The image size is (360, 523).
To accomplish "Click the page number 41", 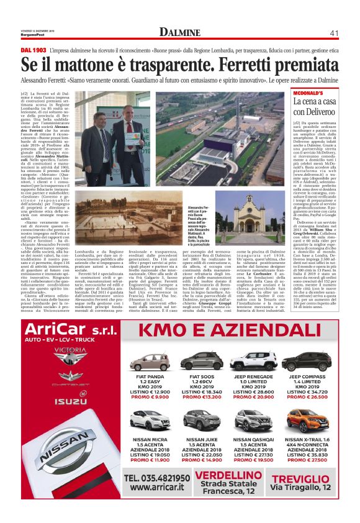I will (333, 32).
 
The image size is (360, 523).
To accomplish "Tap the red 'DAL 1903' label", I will (33, 48).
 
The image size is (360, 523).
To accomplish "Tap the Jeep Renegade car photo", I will (253, 361).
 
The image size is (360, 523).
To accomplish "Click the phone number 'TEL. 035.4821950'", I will (156, 478).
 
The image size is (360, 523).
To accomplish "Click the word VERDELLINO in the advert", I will (232, 476).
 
